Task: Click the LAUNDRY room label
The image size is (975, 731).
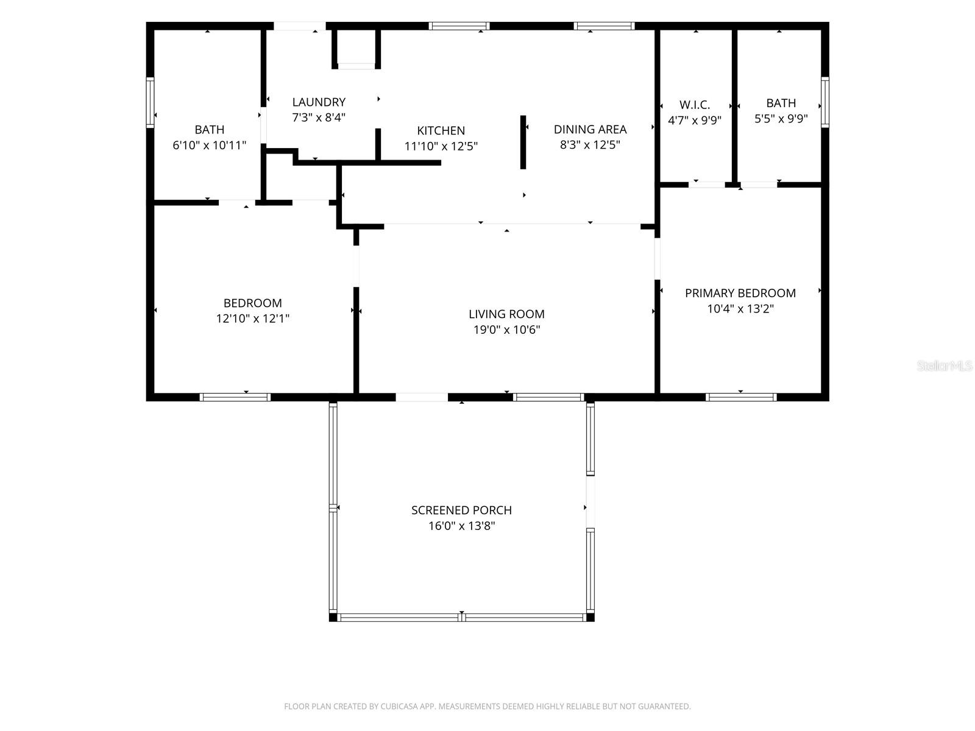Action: [x=319, y=102]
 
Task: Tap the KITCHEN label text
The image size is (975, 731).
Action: [x=441, y=130]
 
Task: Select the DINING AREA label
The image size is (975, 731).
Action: [x=590, y=129]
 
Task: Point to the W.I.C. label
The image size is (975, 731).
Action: [x=694, y=105]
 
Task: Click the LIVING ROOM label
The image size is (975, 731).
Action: [x=506, y=314]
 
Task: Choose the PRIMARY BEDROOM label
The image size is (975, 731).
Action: [x=740, y=293]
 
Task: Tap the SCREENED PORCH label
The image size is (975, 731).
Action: [x=461, y=510]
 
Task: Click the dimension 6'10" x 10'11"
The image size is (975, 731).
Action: [x=209, y=145]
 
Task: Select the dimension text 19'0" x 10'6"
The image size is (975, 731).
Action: [x=506, y=330]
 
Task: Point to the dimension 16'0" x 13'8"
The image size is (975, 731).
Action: [x=461, y=526]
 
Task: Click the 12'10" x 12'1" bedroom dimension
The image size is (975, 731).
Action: [x=252, y=318]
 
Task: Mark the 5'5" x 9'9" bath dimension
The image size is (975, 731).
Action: [x=781, y=119]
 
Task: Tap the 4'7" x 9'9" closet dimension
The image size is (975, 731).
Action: [x=694, y=120]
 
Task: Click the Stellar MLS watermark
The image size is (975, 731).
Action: [x=945, y=365]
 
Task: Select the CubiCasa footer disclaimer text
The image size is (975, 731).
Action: [x=487, y=706]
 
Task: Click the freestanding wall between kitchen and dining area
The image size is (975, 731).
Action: [x=523, y=142]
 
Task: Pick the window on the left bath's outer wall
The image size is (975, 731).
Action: [x=150, y=102]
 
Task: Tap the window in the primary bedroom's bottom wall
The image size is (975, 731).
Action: [x=740, y=397]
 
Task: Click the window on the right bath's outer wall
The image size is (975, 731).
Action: [x=824, y=102]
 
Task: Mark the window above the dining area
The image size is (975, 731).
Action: [x=604, y=26]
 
